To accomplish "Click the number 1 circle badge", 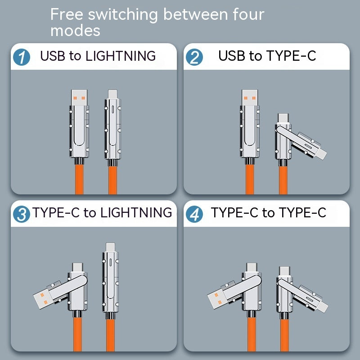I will coord(22,57).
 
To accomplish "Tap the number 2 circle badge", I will coord(194,57).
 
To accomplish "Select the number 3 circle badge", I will coord(22,214).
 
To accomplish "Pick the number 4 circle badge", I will coord(194,214).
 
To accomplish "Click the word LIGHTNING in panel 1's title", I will coord(120,56).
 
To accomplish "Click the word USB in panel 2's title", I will coord(233,56).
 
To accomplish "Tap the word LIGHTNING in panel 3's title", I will coord(136,213).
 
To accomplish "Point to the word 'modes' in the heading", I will coord(75,31).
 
